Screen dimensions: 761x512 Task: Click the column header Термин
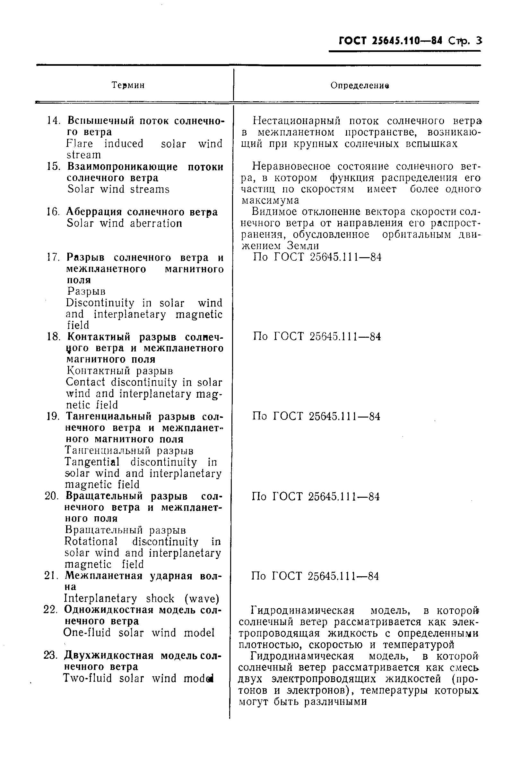point(128,85)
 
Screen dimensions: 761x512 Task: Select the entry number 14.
point(54,121)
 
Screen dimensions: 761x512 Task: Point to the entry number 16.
point(53,212)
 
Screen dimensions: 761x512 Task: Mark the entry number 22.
point(51,609)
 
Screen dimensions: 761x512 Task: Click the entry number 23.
point(51,655)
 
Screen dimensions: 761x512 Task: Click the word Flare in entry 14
point(79,144)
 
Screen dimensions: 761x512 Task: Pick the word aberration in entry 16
point(156,224)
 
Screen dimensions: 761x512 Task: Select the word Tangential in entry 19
point(92,462)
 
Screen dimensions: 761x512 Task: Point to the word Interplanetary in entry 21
point(100,598)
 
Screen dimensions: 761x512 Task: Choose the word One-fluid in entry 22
point(87,633)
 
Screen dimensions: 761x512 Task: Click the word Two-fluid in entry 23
point(87,679)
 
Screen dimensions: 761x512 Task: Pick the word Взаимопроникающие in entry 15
point(122,167)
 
